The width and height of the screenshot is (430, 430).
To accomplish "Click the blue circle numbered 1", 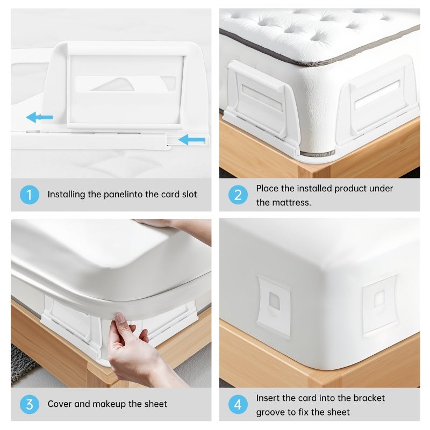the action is coord(30,195).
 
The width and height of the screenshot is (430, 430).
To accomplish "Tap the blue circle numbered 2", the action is coord(238,195).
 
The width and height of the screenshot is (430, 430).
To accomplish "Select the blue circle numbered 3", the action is coord(30,405).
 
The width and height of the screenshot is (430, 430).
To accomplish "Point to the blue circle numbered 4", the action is coord(238,405).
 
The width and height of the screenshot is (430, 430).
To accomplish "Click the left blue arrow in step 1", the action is coord(39,117).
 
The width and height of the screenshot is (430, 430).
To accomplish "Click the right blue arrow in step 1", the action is coord(192,140).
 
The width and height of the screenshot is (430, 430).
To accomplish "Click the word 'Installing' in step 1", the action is coord(66,195).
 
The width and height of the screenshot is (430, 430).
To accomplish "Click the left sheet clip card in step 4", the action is coord(273,306).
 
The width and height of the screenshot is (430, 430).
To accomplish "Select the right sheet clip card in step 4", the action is coord(380,305).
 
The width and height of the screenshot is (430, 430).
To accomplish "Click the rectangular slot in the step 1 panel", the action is coord(126,84).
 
